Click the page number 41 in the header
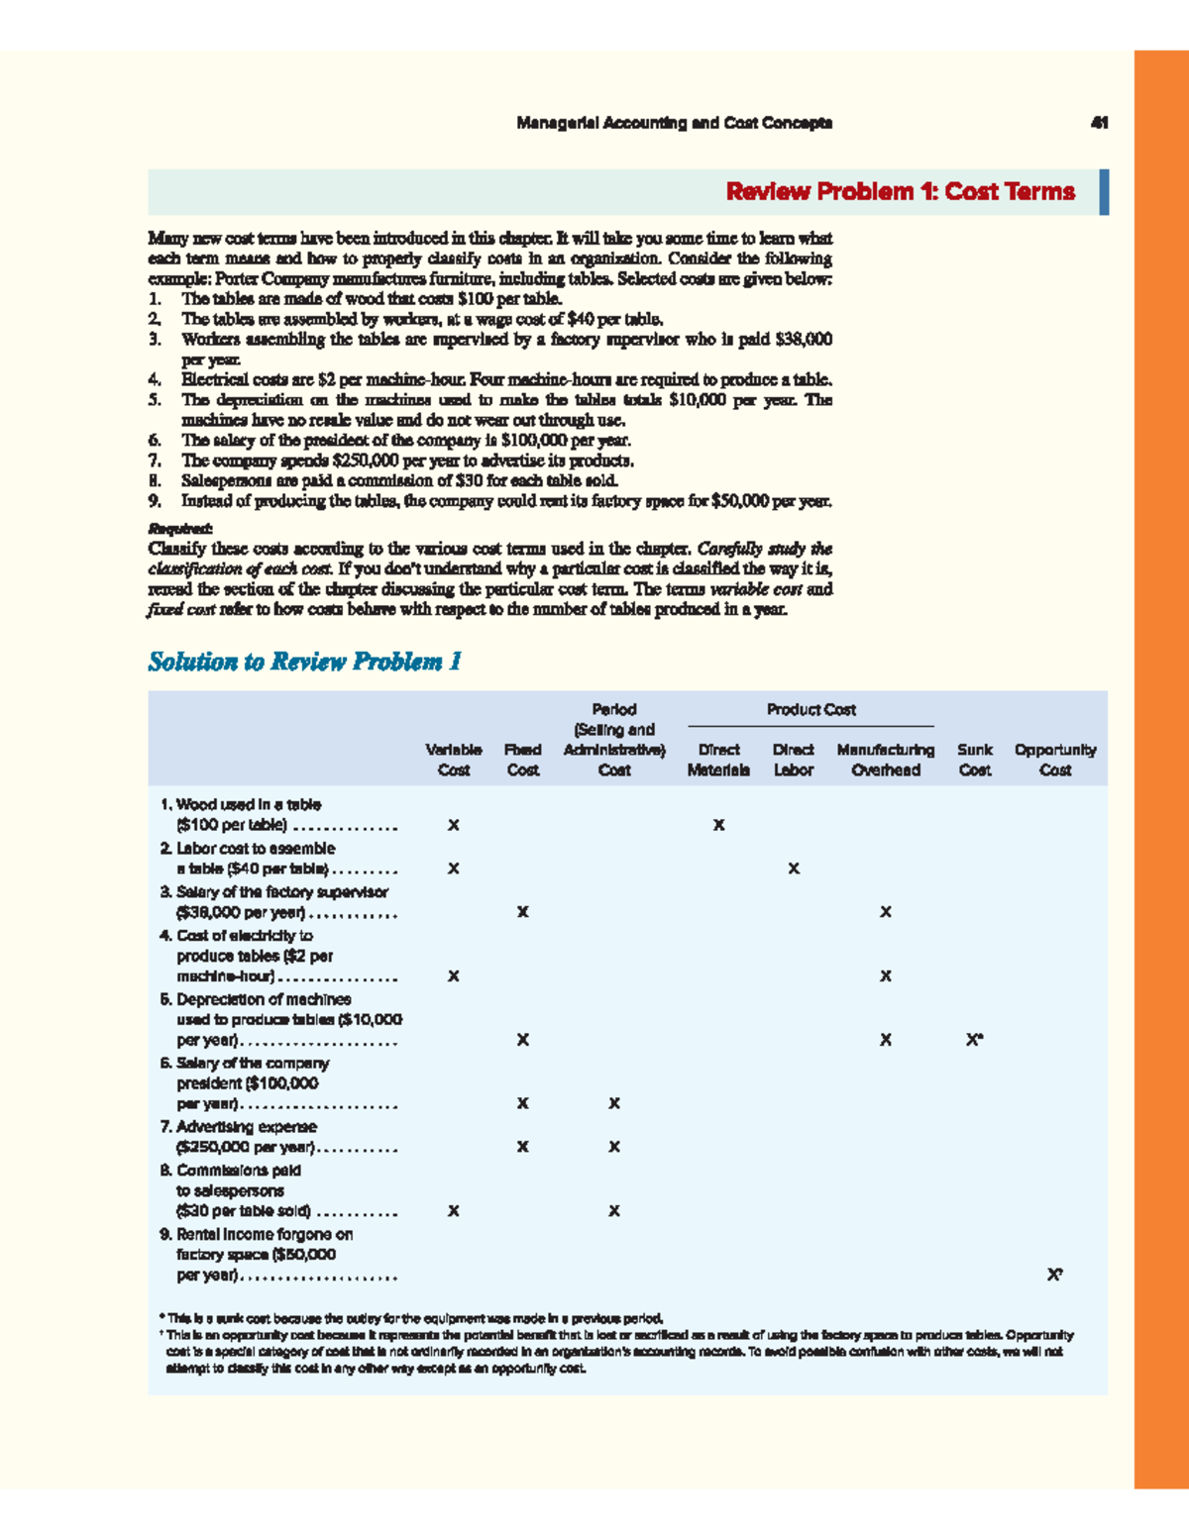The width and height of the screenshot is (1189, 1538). (x=1099, y=123)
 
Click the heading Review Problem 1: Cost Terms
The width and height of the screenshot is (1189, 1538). (x=900, y=191)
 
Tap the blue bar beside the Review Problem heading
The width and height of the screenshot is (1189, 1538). (x=1104, y=192)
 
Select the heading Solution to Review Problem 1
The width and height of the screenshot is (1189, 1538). (x=305, y=662)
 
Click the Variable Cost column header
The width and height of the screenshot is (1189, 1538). (x=454, y=760)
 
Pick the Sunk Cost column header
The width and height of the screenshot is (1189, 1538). (x=975, y=760)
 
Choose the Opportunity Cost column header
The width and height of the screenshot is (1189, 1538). (x=1055, y=760)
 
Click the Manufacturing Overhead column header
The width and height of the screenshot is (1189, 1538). (x=886, y=760)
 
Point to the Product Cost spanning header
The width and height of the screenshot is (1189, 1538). (x=811, y=710)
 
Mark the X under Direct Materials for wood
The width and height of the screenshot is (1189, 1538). (x=719, y=825)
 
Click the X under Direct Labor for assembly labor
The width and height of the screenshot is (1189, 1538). (x=794, y=869)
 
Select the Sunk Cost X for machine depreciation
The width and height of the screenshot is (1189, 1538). (x=974, y=1040)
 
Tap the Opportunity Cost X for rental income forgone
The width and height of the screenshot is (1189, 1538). (x=1054, y=1276)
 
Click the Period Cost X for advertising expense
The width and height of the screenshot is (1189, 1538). (x=614, y=1147)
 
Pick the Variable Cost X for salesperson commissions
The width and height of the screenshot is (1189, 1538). (x=454, y=1211)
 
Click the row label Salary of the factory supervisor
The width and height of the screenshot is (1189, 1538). (x=281, y=892)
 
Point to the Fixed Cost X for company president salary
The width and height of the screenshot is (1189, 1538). (x=523, y=1103)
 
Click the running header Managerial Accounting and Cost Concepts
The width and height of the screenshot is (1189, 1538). (x=674, y=123)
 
